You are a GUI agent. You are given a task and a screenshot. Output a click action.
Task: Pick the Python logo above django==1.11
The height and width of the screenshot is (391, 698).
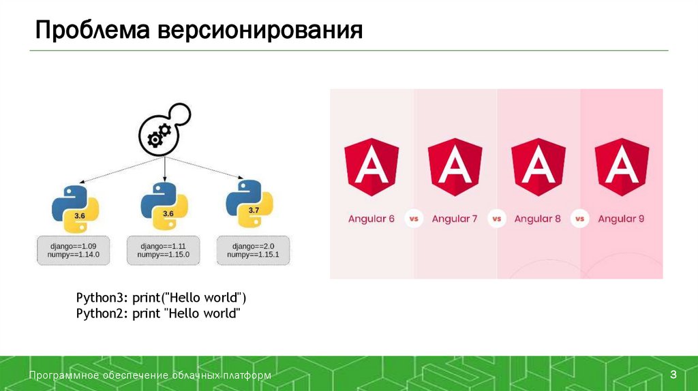click(164, 205)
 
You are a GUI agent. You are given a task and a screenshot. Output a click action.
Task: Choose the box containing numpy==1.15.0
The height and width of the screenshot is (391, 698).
click(164, 250)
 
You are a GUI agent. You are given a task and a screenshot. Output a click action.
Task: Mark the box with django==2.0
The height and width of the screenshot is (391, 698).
click(252, 250)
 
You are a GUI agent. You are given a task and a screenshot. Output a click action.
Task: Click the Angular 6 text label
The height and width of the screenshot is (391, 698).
click(371, 219)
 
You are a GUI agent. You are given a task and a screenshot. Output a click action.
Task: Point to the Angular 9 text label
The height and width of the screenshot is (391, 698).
click(621, 219)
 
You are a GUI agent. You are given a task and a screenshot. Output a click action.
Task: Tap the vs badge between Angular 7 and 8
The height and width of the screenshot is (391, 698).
click(496, 219)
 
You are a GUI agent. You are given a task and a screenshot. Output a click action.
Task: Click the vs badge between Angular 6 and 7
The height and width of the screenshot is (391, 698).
click(413, 219)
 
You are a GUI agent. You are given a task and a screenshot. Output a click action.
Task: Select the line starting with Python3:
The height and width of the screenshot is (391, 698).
click(161, 298)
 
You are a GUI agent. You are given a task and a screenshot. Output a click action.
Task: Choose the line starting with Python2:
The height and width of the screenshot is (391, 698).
click(158, 313)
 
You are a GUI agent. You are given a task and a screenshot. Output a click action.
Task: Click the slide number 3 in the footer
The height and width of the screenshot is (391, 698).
click(673, 374)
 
